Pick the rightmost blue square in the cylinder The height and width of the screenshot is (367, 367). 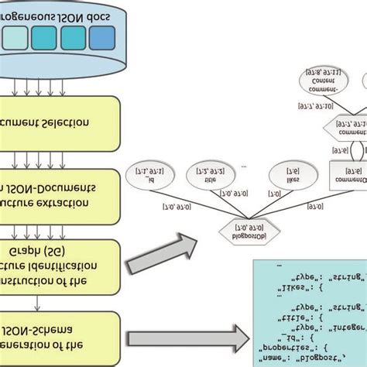101,38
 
